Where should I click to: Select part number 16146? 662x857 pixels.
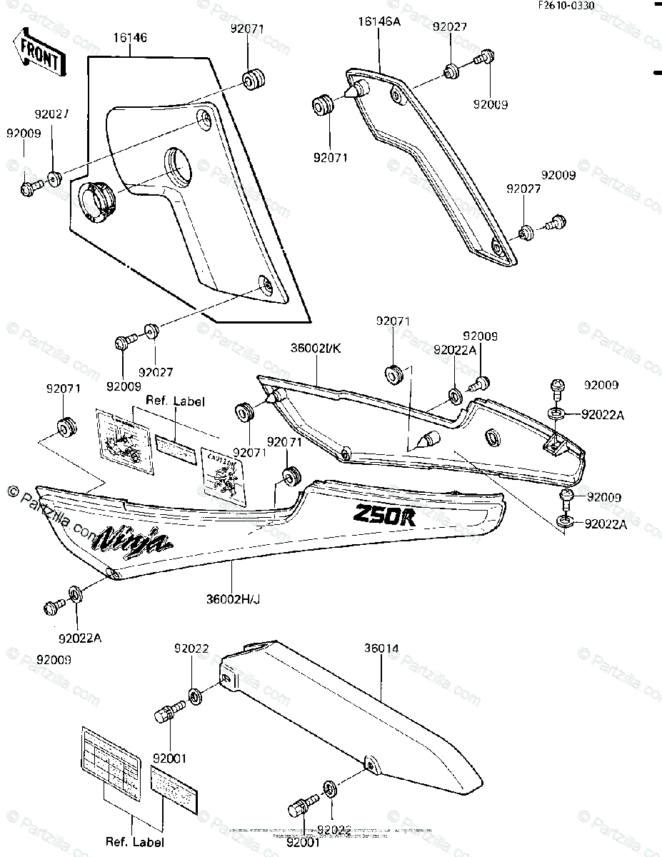coord(129,37)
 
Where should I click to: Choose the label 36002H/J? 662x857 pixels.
coord(231,598)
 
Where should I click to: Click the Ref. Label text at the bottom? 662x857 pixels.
coord(134,841)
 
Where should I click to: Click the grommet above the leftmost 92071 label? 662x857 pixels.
coord(67,427)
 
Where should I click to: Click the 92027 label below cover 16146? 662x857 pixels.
coord(156,372)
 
